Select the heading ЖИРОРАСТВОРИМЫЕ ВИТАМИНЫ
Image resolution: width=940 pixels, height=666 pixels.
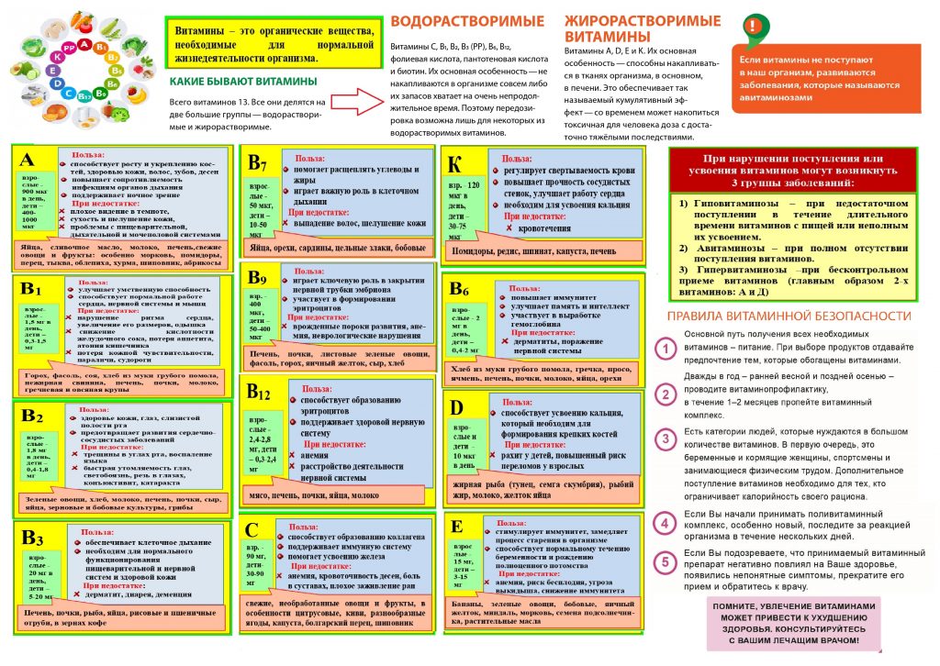click(630, 28)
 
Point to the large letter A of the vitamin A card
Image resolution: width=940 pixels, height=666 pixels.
click(28, 161)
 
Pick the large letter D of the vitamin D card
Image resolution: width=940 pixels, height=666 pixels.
click(457, 405)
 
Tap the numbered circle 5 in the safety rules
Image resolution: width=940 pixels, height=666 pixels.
click(666, 562)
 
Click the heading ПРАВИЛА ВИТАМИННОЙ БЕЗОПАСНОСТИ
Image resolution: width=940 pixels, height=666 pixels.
click(789, 316)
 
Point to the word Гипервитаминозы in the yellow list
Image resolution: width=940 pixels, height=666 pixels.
click(733, 270)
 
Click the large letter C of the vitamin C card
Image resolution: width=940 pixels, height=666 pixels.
click(256, 531)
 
